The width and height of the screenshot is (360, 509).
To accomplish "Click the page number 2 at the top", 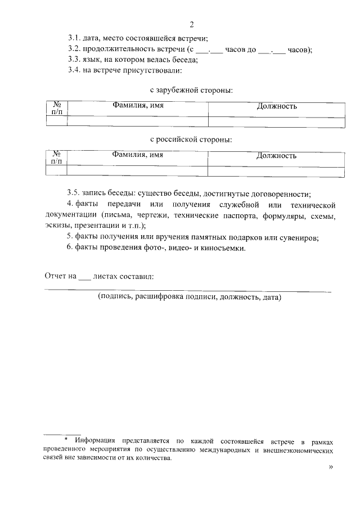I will (x=192, y=24).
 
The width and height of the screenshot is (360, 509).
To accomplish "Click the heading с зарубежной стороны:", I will (x=191, y=90).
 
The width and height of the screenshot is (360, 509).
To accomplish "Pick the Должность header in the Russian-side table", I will (x=276, y=156).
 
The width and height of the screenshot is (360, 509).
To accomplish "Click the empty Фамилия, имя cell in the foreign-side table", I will (x=138, y=121).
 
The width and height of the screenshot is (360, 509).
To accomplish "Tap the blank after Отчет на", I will (x=84, y=277).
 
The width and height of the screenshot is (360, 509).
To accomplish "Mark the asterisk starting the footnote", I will (x=66, y=439).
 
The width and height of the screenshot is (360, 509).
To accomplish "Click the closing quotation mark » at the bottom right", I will (x=330, y=467).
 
